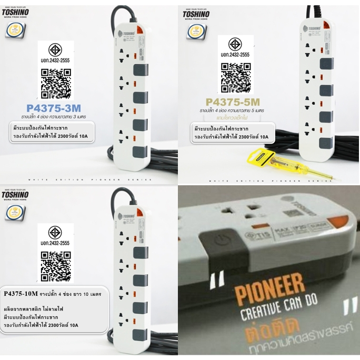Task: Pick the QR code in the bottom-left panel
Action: click(55, 266)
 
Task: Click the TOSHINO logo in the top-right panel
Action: click(196, 14)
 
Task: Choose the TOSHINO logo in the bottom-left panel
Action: click(15, 195)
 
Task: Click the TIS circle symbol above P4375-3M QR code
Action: click(55, 50)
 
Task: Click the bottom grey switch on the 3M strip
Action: click(139, 152)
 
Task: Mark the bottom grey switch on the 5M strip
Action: click(326, 142)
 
